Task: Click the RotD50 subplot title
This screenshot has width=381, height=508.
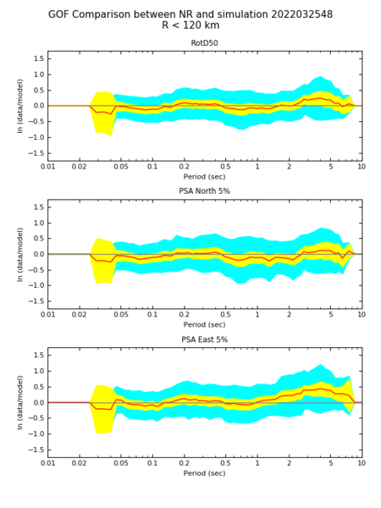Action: pyautogui.click(x=204, y=43)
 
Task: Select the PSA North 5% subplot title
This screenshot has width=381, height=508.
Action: pyautogui.click(x=204, y=191)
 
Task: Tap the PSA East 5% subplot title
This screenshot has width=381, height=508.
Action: pyautogui.click(x=204, y=340)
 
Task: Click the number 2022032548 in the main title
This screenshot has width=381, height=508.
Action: pyautogui.click(x=301, y=14)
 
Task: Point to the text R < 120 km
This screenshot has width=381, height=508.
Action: pyautogui.click(x=190, y=25)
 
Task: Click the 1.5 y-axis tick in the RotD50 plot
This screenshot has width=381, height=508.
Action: pyautogui.click(x=39, y=58)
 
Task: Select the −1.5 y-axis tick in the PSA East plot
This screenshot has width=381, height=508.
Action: pyautogui.click(x=36, y=450)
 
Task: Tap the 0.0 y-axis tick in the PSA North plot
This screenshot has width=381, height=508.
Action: pyautogui.click(x=39, y=254)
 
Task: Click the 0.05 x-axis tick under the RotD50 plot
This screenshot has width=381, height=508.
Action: pyautogui.click(x=121, y=167)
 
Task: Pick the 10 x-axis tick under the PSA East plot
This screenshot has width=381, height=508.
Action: pyautogui.click(x=362, y=463)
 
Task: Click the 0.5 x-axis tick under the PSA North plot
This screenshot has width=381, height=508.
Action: pyautogui.click(x=225, y=314)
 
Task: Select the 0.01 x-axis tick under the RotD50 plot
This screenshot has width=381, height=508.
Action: pyautogui.click(x=47, y=167)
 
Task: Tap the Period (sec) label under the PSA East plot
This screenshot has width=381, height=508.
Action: pyautogui.click(x=204, y=473)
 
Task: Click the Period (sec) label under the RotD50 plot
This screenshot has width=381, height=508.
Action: pyautogui.click(x=204, y=177)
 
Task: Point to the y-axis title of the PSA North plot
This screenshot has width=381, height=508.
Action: pyautogui.click(x=20, y=254)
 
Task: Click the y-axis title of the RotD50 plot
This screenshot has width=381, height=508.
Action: pyautogui.click(x=20, y=106)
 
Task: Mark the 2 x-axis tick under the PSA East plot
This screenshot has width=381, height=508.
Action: pyautogui.click(x=289, y=463)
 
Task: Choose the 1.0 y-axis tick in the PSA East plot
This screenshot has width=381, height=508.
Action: pyautogui.click(x=39, y=371)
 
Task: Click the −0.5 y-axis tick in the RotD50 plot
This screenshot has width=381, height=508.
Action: pyautogui.click(x=36, y=121)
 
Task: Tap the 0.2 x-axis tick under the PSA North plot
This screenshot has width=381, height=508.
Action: pyautogui.click(x=184, y=314)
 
